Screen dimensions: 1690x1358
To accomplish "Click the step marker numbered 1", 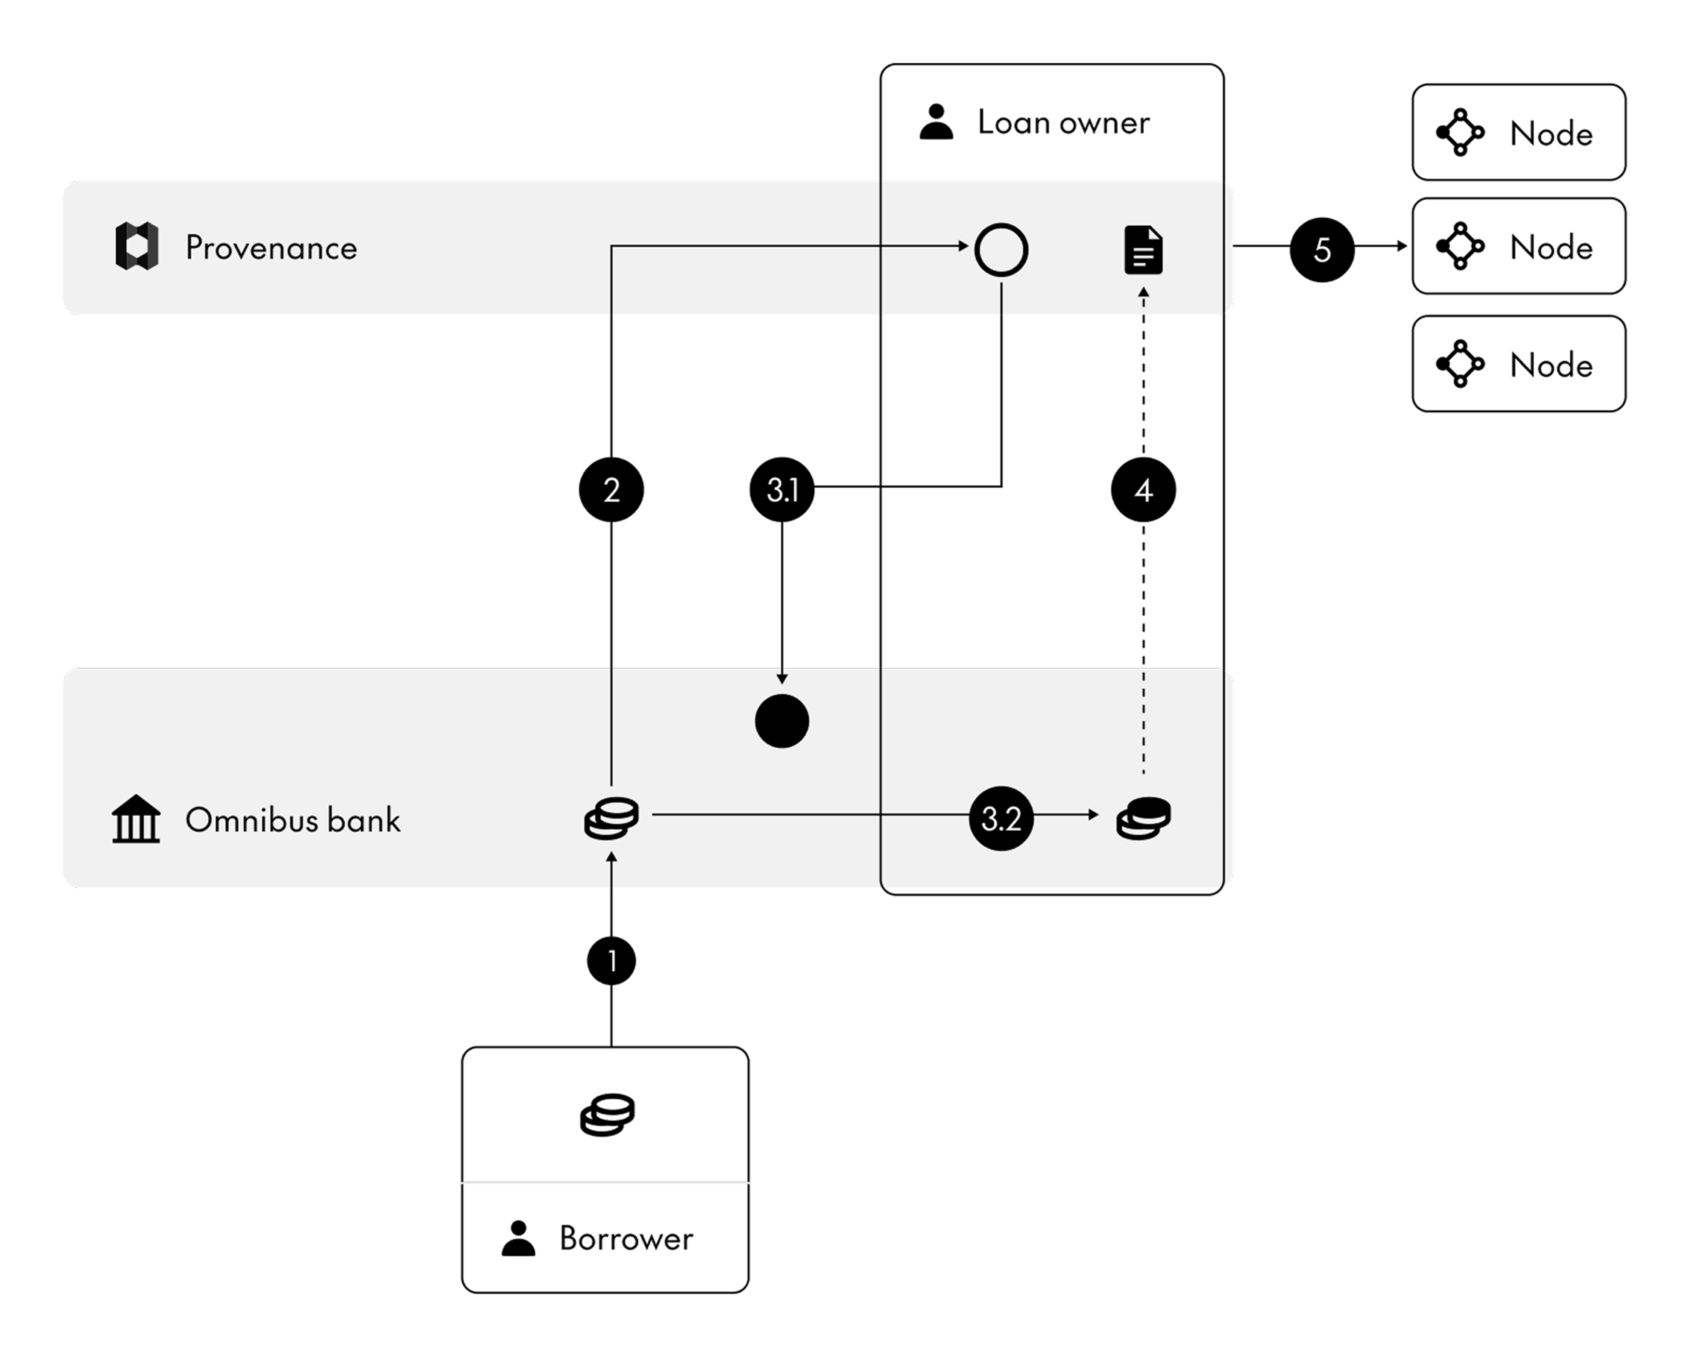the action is coord(611,961).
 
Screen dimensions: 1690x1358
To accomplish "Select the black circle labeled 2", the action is coord(611,490).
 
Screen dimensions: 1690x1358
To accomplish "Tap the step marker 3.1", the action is coord(783,490).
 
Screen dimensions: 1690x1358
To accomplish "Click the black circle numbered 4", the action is coord(1144,490).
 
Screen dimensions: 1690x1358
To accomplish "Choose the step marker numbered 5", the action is coord(1323,249).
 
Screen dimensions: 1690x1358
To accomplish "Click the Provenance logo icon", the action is coord(137,246).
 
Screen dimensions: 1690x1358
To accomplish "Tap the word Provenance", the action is coord(271,248).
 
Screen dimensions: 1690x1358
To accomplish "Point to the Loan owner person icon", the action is coord(936,121).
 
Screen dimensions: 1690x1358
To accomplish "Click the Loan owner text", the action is coord(1064,122).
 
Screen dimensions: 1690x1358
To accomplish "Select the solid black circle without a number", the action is coord(783,721).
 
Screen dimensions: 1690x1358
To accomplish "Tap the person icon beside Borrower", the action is coord(518,1238).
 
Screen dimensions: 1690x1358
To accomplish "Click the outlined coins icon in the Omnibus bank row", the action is coord(611,818).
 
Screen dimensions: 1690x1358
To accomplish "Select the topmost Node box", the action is coord(1519,132).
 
